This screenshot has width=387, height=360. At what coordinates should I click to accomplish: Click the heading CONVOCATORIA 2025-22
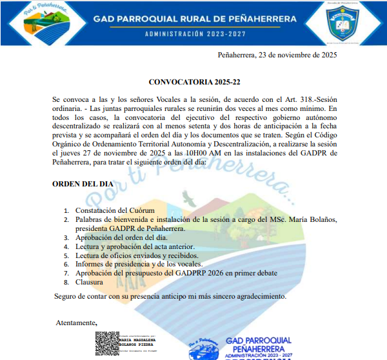pos(194,83)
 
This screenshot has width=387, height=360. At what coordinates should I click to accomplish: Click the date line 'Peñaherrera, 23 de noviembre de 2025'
pos(277,55)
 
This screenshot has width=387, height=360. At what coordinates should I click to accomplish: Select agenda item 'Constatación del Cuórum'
pos(115,210)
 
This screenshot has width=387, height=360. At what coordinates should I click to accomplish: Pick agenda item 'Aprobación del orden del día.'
pos(121,237)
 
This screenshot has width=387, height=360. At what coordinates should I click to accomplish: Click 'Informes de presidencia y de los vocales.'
pos(139,264)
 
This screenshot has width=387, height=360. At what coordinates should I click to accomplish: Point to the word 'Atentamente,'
pos(76,323)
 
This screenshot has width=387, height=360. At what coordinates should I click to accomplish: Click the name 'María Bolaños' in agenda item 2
pos(313,219)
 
